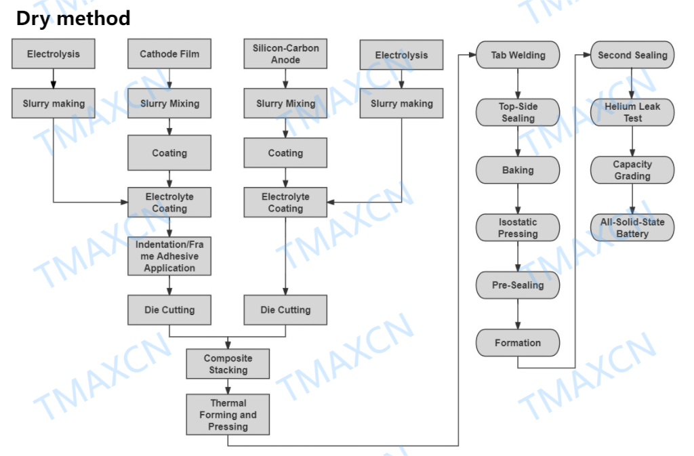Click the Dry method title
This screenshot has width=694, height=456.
tap(73, 18)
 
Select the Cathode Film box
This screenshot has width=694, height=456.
tap(169, 54)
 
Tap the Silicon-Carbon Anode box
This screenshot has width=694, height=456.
tap(285, 54)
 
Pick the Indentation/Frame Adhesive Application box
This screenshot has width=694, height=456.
tap(169, 256)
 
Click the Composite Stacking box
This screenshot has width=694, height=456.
tap(228, 364)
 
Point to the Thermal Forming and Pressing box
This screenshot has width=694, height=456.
tap(228, 415)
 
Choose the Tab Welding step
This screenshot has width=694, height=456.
tap(518, 55)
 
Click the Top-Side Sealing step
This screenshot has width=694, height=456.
tap(518, 112)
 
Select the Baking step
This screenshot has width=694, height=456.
tap(518, 170)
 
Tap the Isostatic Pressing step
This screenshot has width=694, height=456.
tap(518, 228)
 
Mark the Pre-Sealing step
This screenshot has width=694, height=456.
tap(518, 285)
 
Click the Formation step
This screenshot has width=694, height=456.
tap(518, 343)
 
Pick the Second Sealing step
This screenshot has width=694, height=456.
tap(632, 55)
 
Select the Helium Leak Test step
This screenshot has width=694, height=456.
tap(632, 112)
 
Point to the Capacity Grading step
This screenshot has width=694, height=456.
tap(632, 170)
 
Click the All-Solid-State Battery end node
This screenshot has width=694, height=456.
tap(632, 228)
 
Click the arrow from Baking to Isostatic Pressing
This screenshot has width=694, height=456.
tap(518, 199)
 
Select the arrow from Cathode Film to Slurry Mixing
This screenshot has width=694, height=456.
tap(169, 79)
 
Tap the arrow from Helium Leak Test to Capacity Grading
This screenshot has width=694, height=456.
tap(632, 141)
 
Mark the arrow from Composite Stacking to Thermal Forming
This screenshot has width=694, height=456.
tap(228, 386)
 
